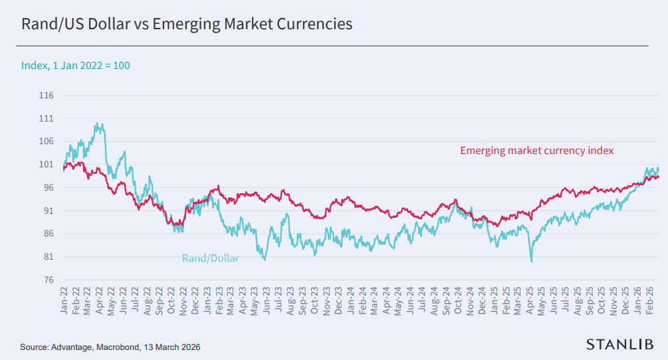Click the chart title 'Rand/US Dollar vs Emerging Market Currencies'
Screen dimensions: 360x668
[187, 25]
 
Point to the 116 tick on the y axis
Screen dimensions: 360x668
[47, 96]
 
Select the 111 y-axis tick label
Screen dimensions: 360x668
[47, 118]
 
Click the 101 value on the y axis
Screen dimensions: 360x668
[47, 165]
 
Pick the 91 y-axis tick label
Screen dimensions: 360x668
[47, 211]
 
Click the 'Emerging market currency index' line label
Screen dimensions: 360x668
[536, 151]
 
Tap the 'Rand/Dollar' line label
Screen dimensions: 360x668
[210, 258]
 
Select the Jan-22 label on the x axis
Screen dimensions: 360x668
[65, 301]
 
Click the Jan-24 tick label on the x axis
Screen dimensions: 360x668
[350, 301]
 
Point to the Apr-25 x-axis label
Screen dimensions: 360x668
[530, 301]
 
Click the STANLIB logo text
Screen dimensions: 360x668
[619, 343]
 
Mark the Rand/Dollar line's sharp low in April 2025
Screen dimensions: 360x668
[531, 261]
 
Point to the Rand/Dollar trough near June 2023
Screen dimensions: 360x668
[265, 260]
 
